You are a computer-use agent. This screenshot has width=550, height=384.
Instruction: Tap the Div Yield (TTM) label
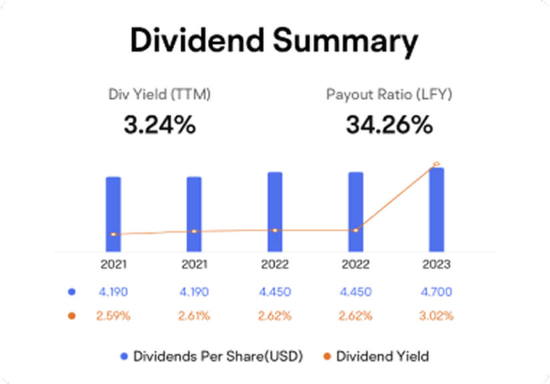(159, 95)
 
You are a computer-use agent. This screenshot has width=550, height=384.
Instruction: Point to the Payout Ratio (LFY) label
(389, 95)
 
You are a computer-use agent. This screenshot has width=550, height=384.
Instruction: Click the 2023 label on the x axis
(437, 265)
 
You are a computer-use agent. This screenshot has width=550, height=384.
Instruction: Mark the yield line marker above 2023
(437, 164)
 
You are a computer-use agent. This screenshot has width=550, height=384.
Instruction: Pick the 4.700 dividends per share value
(437, 291)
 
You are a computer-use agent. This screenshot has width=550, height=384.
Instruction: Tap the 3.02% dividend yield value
(437, 315)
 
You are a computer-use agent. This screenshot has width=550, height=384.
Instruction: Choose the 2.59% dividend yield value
(114, 315)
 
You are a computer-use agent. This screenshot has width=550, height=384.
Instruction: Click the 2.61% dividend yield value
(194, 315)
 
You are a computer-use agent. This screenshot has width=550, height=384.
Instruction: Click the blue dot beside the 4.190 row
(71, 291)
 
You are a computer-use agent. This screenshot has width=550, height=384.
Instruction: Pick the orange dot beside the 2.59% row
(71, 315)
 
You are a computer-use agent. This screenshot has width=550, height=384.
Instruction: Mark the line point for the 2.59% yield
(114, 235)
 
